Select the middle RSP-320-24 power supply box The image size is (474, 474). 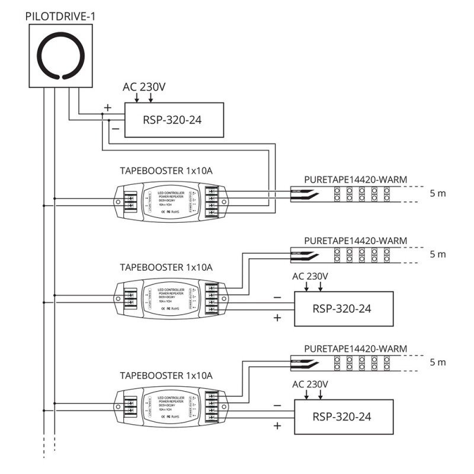344,308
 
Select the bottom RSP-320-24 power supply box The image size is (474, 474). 344,417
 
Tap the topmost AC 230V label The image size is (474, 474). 144,87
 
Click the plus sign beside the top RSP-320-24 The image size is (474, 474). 107,108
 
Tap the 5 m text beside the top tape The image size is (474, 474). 438,193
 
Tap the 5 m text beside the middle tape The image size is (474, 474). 438,254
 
